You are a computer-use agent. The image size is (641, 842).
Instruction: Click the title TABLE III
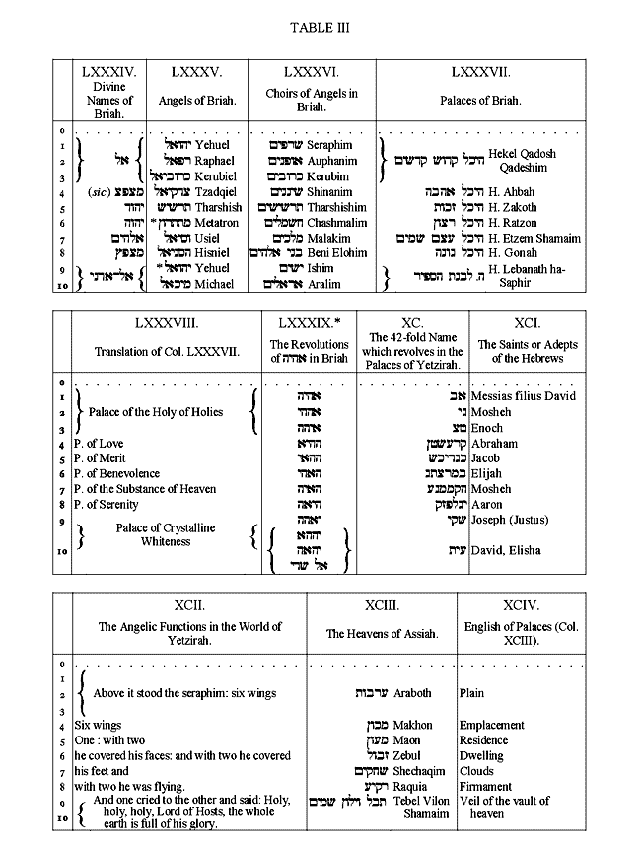320,27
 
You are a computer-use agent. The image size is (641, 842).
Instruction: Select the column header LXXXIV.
107,72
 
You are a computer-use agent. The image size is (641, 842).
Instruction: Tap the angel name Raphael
215,160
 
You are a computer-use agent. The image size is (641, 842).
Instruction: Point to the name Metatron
217,223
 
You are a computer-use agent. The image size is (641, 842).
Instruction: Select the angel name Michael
216,285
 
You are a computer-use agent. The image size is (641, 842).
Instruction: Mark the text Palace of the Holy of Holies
156,412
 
